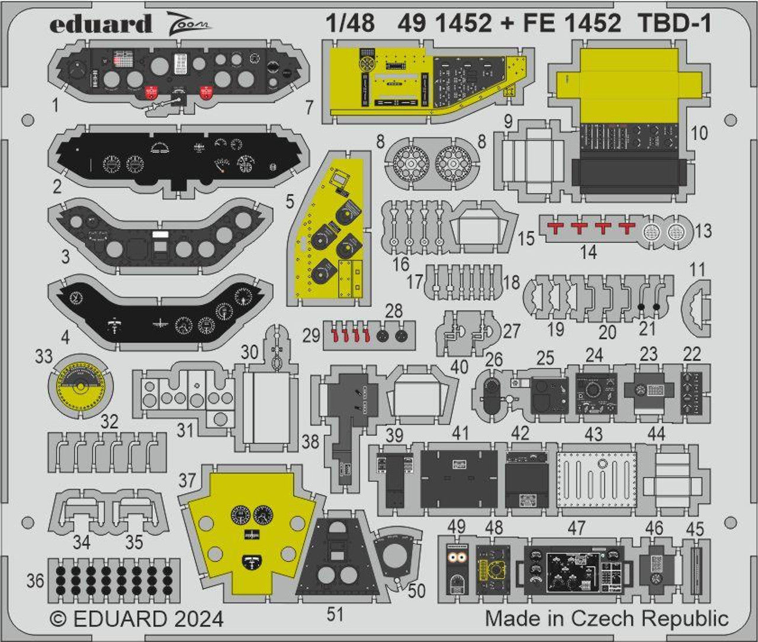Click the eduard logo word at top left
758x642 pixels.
(100, 24)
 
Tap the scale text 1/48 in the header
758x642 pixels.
(350, 23)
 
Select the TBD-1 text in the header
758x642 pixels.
(675, 23)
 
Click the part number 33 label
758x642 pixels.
(44, 357)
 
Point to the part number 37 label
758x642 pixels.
(187, 480)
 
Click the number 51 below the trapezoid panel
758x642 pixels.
(335, 615)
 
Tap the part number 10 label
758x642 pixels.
(699, 133)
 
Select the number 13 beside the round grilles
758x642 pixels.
(703, 230)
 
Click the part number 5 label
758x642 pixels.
(289, 201)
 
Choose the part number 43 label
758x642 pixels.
(593, 434)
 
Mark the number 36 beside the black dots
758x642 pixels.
(36, 580)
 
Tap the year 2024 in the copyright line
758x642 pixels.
(199, 619)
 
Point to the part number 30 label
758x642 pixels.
(249, 352)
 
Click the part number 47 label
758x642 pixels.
(576, 528)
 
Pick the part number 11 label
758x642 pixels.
(698, 270)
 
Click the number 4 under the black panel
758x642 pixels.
(65, 338)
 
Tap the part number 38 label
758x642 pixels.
(310, 441)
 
